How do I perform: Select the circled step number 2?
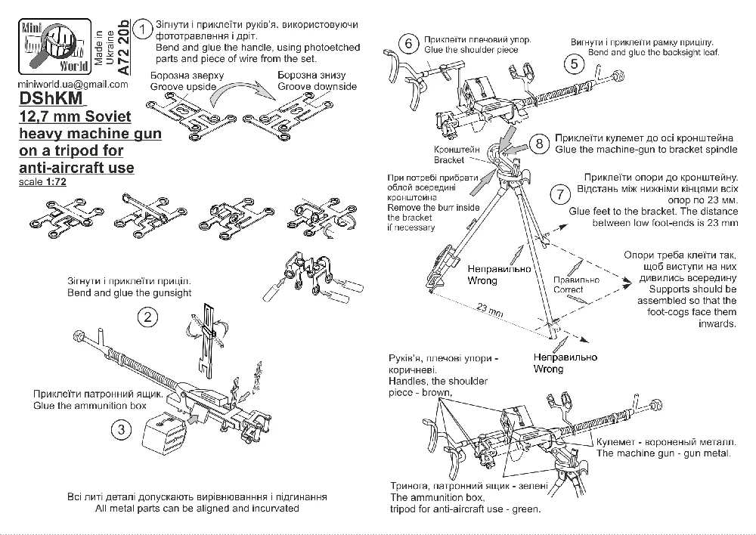(x=149, y=317)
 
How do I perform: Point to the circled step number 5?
(x=574, y=64)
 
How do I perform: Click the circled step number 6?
(x=408, y=43)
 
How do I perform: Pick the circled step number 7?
(x=559, y=193)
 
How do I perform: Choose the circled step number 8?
(x=538, y=144)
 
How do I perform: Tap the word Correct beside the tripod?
(x=568, y=289)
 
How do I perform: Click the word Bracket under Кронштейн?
(x=449, y=160)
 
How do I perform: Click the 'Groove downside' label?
(x=317, y=87)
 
